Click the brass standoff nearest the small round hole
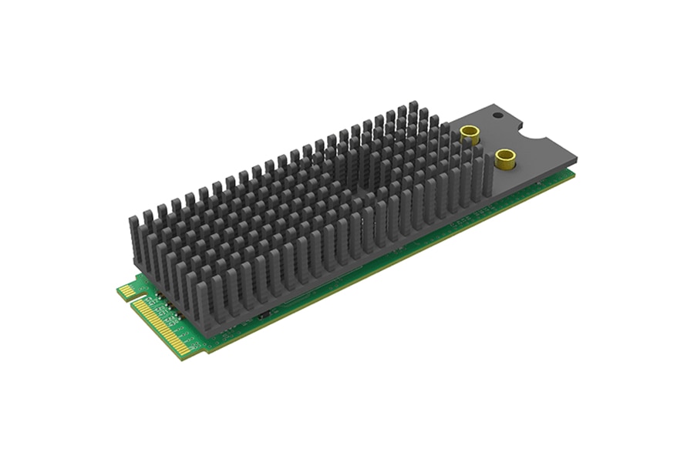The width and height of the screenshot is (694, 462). click(469, 135)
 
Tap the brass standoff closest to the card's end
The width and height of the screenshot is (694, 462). click(506, 159)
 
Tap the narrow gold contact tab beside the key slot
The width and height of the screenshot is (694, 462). click(126, 292)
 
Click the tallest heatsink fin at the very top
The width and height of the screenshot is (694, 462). click(414, 108)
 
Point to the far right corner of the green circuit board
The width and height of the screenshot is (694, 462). click(574, 174)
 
